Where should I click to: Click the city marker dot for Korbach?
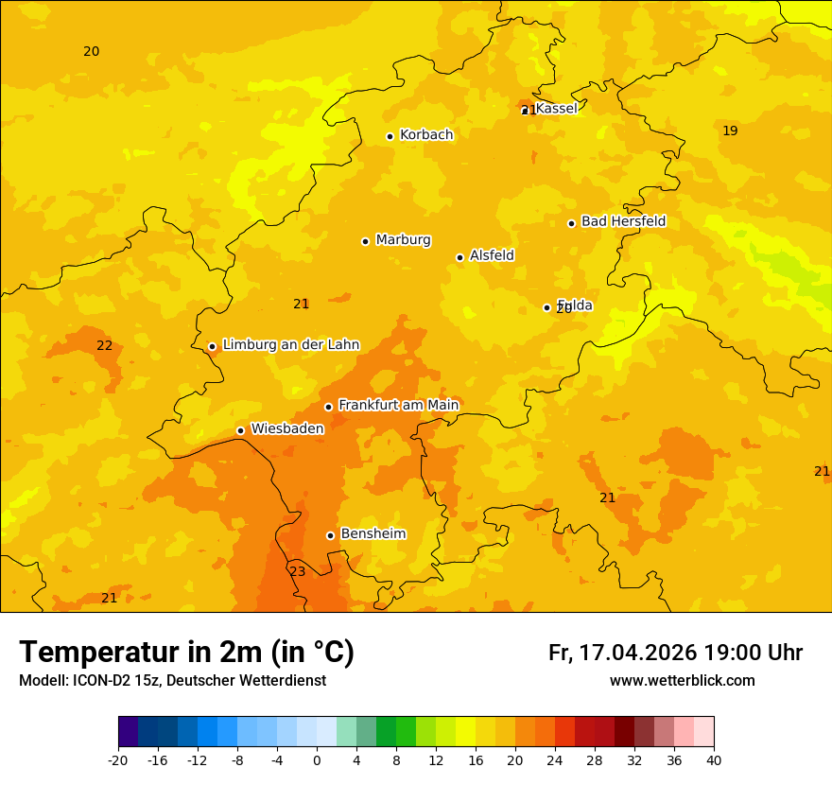coord(390,136)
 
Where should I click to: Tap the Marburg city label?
coord(403,240)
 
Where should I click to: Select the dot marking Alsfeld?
coord(459,257)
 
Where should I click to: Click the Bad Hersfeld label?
coord(623,221)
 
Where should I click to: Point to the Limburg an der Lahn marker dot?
coord(212,346)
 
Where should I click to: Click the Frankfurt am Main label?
coord(398,405)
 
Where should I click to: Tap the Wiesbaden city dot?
coord(240,430)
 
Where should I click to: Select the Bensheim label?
coord(373,533)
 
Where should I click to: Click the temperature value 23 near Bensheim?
coord(297,571)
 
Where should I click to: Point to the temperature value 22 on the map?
coord(104,345)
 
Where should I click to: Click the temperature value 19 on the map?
coord(730,131)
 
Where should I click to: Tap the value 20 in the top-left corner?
coord(91,51)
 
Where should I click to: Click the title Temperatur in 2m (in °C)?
coord(186,653)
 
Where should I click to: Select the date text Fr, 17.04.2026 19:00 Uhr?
coord(675,653)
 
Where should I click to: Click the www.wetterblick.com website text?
coord(682,680)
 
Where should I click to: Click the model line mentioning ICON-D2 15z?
coord(172,680)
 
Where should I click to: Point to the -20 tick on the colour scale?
coord(118,759)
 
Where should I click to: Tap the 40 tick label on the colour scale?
coord(714,759)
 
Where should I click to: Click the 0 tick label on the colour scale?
coord(317,759)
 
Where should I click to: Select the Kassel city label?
coord(556,109)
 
